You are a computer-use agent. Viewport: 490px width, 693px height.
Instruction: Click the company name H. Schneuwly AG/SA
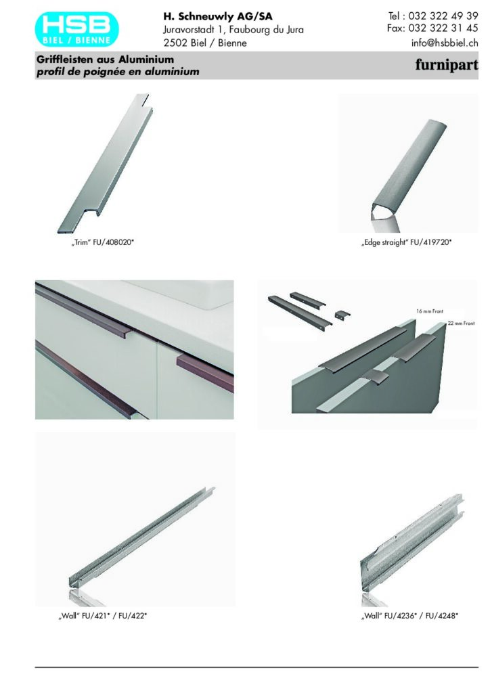click(x=218, y=17)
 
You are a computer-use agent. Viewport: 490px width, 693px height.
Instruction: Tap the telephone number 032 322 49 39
click(x=443, y=16)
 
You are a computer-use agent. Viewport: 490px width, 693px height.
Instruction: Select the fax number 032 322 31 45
click(x=443, y=28)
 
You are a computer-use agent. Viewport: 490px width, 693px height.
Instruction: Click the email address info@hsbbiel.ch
click(x=445, y=43)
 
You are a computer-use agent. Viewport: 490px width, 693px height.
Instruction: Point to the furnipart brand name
click(x=447, y=65)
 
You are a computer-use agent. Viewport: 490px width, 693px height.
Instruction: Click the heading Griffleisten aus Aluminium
click(x=105, y=60)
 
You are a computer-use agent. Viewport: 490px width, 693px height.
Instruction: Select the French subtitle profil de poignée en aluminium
click(x=118, y=72)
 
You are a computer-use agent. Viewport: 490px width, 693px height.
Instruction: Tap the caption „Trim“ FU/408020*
click(x=102, y=242)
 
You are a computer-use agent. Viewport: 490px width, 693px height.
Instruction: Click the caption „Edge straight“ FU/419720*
click(x=407, y=242)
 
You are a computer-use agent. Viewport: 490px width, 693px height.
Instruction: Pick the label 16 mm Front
click(x=430, y=311)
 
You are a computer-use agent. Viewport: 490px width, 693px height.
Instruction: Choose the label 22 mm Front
click(x=462, y=323)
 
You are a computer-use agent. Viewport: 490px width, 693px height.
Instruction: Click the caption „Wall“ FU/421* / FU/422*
click(x=102, y=616)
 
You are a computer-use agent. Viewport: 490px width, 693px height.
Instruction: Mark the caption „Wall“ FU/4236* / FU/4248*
click(x=409, y=616)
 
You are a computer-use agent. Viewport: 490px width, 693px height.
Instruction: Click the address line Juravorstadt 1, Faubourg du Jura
click(x=233, y=30)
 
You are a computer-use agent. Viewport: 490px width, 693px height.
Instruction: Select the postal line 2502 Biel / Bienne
click(x=205, y=43)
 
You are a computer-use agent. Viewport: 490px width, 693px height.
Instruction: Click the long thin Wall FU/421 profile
click(x=141, y=537)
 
